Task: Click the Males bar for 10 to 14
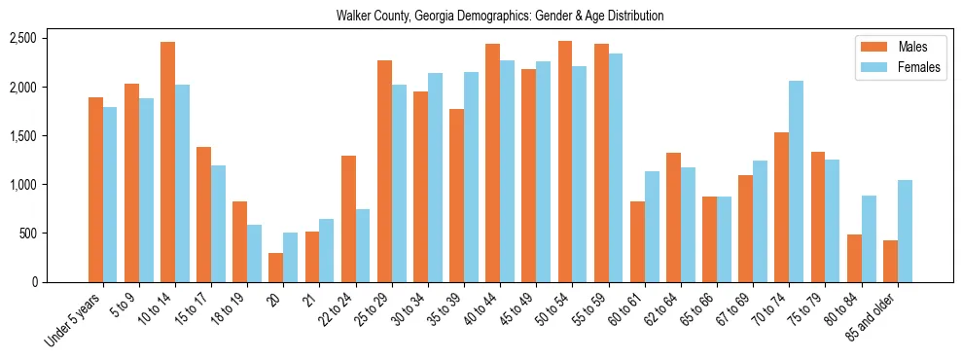tap(167, 162)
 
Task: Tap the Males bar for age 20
tap(275, 268)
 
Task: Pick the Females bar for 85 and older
tap(905, 231)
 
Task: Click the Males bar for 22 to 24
tap(348, 219)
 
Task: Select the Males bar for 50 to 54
tap(565, 162)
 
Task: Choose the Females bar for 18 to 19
tap(254, 253)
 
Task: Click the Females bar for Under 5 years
tap(110, 195)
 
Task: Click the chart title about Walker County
tap(499, 16)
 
